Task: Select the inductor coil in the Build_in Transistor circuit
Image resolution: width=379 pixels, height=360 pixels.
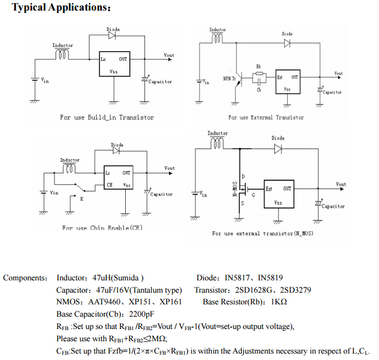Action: click(63, 54)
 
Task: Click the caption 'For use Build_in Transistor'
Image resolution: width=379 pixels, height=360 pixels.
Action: click(107, 118)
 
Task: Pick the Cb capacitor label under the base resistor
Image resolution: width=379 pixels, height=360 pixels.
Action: click(259, 90)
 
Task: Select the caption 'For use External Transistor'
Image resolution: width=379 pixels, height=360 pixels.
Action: click(266, 118)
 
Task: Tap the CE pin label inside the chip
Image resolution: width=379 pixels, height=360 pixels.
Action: click(109, 184)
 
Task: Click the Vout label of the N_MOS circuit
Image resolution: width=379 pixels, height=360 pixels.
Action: click(341, 184)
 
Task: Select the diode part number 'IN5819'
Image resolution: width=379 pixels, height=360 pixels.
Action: click(271, 278)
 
